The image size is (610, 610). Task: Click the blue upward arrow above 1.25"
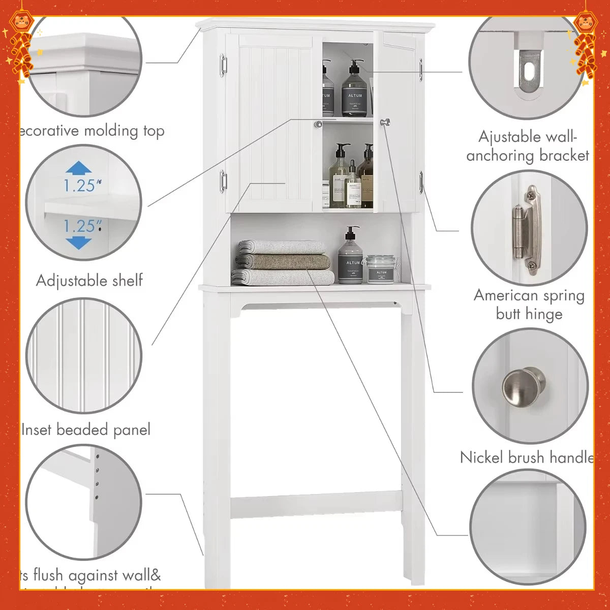pos(78,168)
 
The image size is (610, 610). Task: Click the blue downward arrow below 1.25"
pos(78,242)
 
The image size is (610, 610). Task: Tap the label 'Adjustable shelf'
pos(89,280)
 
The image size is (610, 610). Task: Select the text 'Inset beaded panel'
pos(86,430)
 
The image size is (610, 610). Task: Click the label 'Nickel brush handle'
pos(527,457)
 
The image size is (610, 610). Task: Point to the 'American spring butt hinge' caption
pos(529,304)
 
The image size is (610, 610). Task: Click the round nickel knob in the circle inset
pos(524,387)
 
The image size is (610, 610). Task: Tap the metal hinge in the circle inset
pos(526,230)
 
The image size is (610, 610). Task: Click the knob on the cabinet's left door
pos(318,124)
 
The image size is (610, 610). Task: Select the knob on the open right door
pos(385,122)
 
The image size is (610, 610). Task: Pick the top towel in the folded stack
pos(283,247)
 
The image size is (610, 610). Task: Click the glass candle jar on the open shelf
pos(381,269)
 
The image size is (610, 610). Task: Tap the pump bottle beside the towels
pos(350,257)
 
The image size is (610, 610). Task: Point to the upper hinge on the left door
pos(223,66)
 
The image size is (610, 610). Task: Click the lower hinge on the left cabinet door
pos(223,181)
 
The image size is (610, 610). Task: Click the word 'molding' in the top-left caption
pos(111,131)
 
